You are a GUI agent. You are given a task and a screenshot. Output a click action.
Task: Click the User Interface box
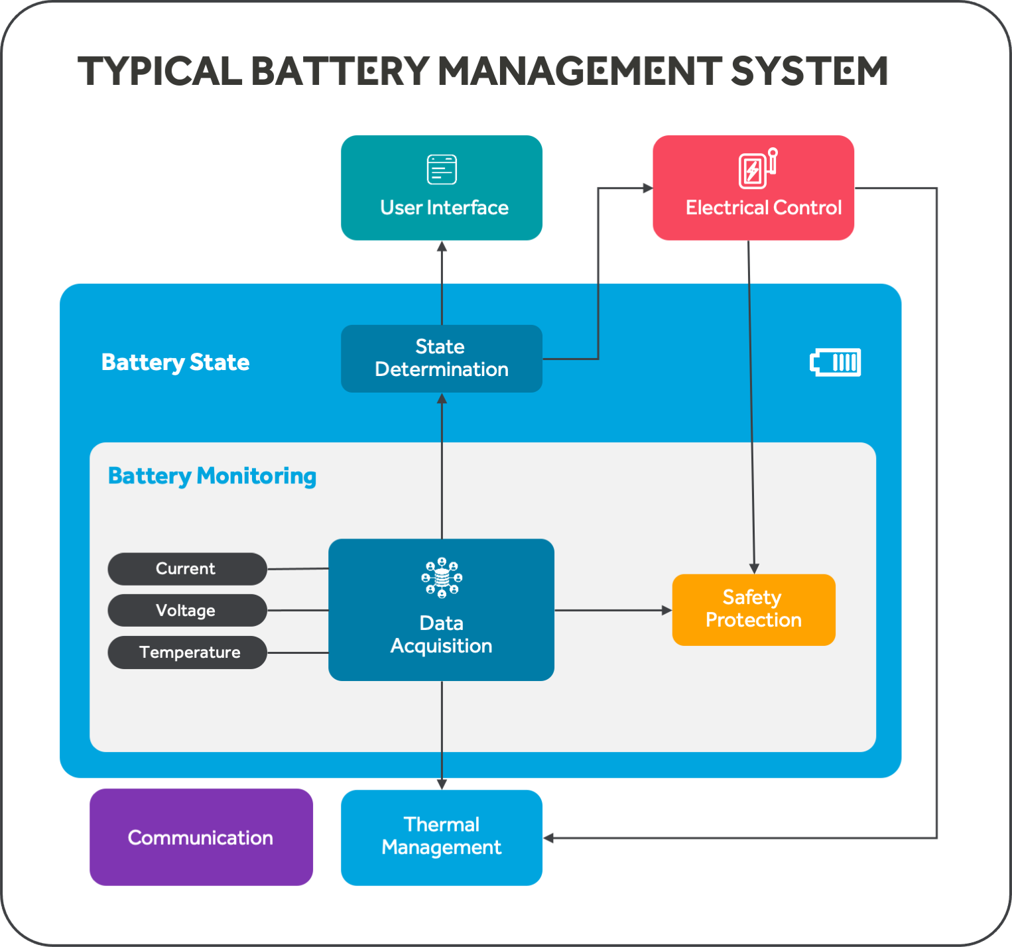[441, 188]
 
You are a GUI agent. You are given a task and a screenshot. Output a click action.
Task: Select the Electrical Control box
[753, 188]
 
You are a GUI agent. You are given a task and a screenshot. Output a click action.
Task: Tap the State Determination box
[441, 358]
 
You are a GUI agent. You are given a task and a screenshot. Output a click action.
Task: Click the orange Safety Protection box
[753, 609]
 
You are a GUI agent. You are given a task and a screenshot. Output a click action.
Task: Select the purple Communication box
[201, 837]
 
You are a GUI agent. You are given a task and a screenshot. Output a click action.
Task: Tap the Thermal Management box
[441, 837]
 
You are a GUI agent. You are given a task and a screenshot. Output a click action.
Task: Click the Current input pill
[187, 569]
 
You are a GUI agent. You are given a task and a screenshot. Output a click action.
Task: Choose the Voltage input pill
[187, 610]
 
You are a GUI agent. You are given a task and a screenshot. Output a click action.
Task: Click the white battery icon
[836, 362]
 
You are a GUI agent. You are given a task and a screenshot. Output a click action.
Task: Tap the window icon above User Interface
[442, 169]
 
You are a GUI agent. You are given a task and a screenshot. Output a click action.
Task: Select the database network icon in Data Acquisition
[442, 578]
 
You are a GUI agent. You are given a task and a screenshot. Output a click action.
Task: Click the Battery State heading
[175, 362]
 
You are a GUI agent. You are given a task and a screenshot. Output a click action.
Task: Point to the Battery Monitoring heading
[212, 476]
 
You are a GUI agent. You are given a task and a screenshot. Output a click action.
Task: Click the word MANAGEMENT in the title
[580, 71]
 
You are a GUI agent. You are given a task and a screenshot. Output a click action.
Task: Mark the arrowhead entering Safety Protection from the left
[667, 610]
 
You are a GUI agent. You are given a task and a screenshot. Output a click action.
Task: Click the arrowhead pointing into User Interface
[442, 247]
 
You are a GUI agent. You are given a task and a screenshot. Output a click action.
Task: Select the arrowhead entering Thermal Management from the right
[548, 838]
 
